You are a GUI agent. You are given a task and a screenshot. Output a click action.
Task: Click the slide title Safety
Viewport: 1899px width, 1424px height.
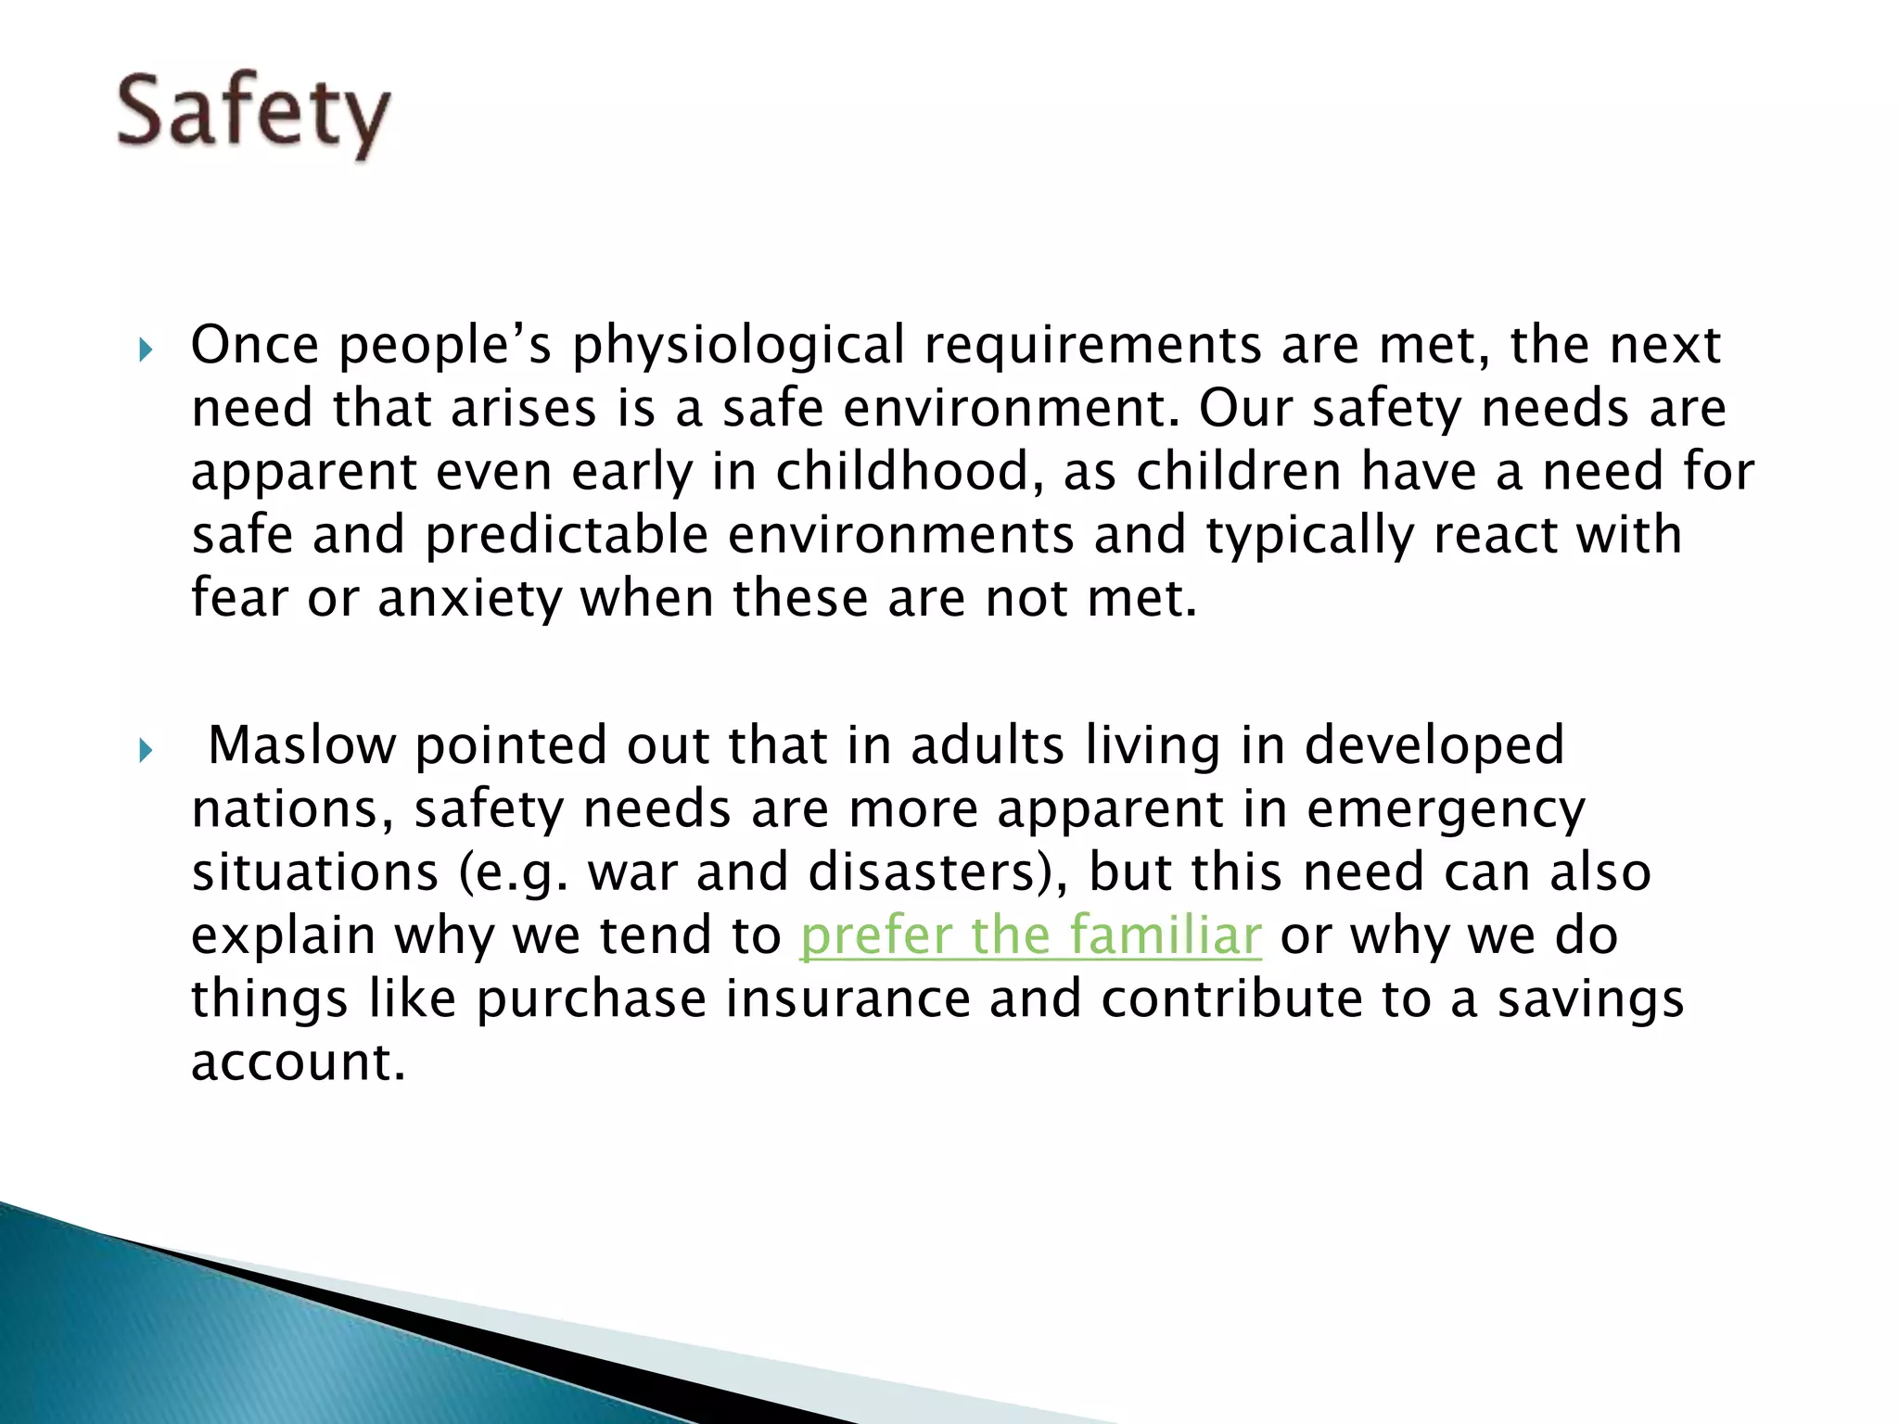pyautogui.click(x=252, y=115)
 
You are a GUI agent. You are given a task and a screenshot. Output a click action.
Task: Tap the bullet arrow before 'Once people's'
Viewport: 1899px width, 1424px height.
pyautogui.click(x=145, y=350)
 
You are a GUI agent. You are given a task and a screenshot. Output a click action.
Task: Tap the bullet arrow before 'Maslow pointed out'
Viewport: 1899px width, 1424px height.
pyautogui.click(x=145, y=750)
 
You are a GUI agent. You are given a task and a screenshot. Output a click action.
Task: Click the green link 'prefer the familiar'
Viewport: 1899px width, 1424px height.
pyautogui.click(x=1030, y=934)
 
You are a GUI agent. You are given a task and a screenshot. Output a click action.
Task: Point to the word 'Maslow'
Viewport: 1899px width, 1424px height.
pyautogui.click(x=301, y=745)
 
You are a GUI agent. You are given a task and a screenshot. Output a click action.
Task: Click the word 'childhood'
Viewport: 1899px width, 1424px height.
pyautogui.click(x=903, y=471)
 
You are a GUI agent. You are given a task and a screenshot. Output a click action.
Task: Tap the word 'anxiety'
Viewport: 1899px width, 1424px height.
pyautogui.click(x=470, y=599)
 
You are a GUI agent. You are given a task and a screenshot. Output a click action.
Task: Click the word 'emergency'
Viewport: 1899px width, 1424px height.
pyautogui.click(x=1446, y=809)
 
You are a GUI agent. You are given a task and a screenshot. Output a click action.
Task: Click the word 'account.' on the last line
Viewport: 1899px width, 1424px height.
pyautogui.click(x=299, y=1062)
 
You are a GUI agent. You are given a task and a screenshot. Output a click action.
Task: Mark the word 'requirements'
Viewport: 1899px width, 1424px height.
pyautogui.click(x=1092, y=345)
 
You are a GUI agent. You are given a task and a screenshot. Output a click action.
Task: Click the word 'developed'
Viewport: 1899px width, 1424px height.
pyautogui.click(x=1434, y=745)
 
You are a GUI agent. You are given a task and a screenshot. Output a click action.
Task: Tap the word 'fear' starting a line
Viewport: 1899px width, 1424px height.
pyautogui.click(x=239, y=598)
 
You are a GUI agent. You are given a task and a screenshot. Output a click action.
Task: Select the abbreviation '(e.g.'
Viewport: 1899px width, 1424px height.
pyautogui.click(x=513, y=872)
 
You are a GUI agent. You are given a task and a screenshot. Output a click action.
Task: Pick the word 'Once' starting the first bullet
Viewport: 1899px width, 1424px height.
pyautogui.click(x=255, y=345)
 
